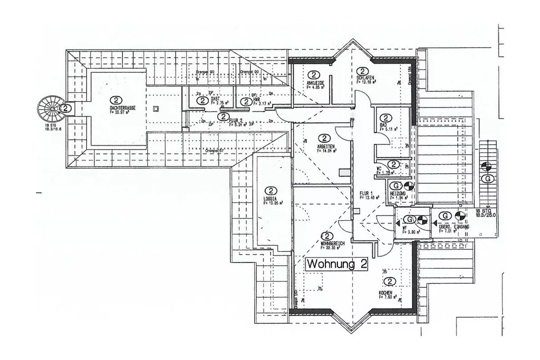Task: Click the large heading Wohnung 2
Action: coord(337,264)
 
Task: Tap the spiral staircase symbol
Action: coord(52,109)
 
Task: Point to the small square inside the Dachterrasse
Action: coord(156,109)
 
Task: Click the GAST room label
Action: coord(215,98)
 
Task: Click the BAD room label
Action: coord(383,125)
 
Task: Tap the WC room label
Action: coord(379,169)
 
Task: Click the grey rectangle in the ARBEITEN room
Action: coord(344,172)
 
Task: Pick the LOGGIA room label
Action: coord(270,199)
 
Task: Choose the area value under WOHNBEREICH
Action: coord(334,248)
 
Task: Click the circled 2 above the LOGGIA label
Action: coord(271,190)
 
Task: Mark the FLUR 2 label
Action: coord(236,121)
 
